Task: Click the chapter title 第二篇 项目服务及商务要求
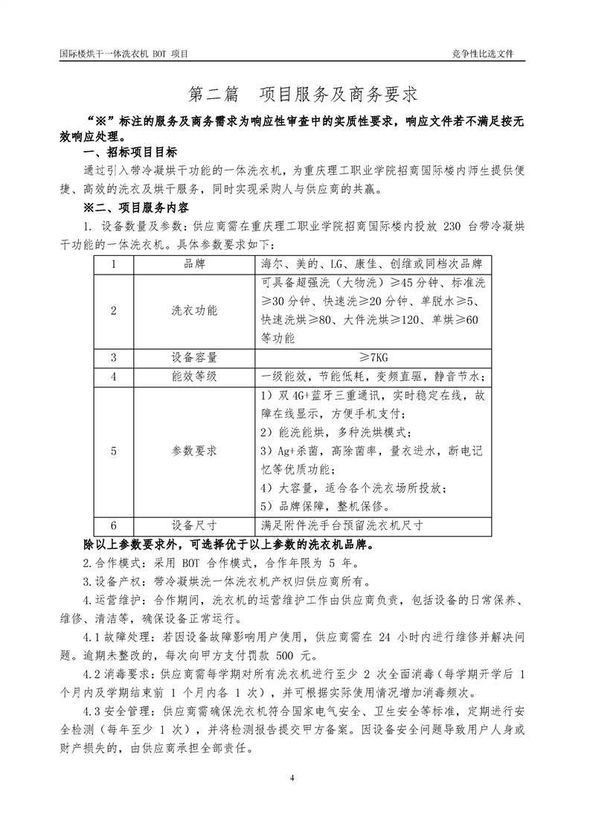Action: point(303,95)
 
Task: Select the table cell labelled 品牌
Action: point(194,264)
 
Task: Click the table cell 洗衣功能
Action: point(194,310)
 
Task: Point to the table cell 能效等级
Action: point(194,376)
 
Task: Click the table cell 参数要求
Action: point(194,450)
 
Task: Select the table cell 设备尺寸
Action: point(194,524)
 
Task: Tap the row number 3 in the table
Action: point(114,356)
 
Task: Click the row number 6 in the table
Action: point(114,524)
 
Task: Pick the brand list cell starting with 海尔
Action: point(371,264)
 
